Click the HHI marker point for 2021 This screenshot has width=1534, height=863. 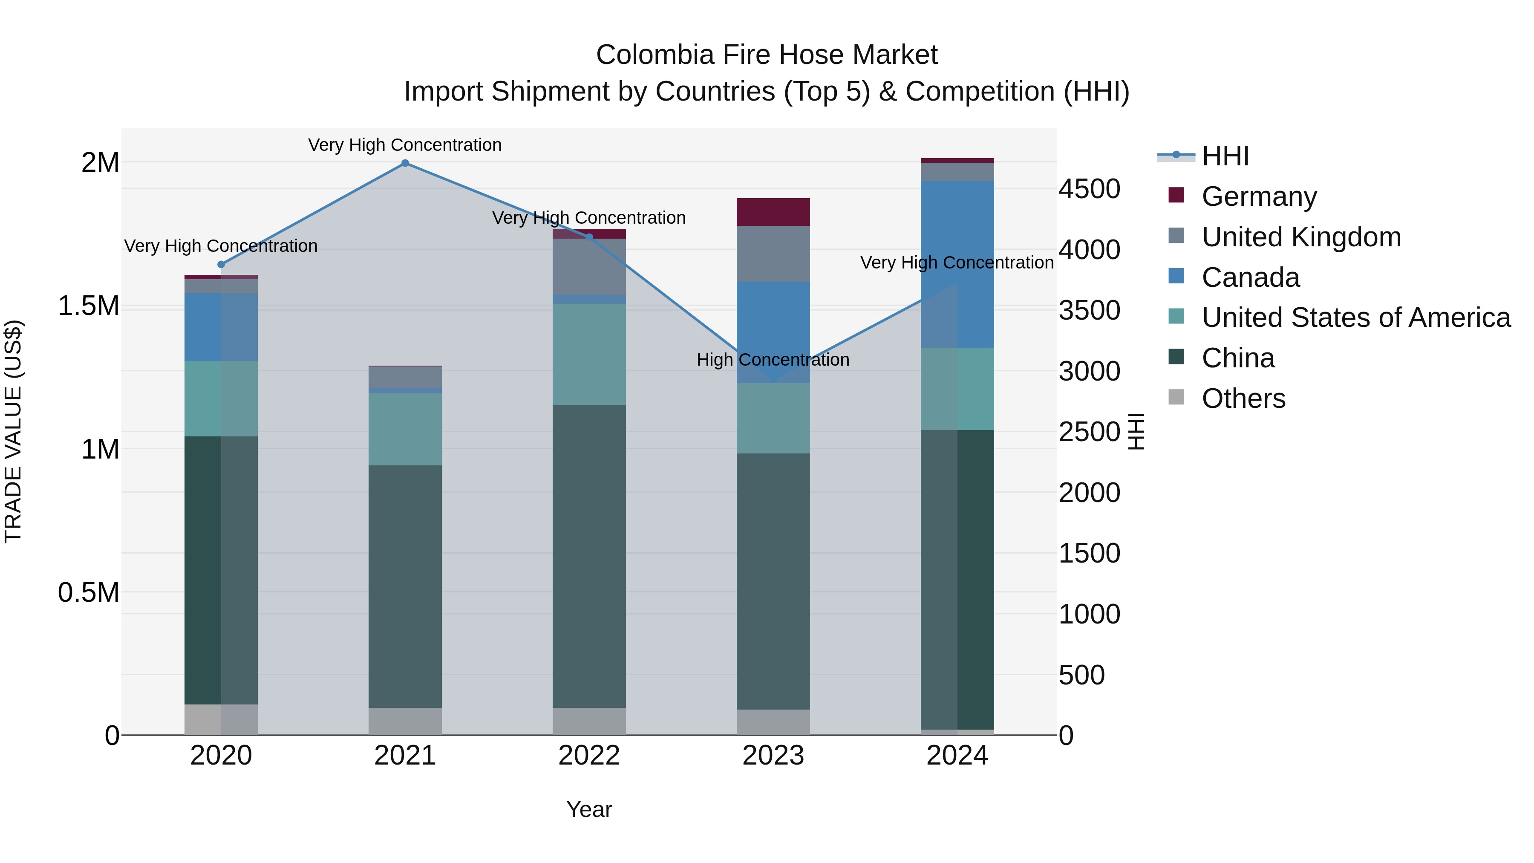[x=405, y=163]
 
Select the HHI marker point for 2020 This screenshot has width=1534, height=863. [x=221, y=264]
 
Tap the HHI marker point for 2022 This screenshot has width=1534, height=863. [x=589, y=237]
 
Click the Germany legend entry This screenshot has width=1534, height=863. [x=1258, y=196]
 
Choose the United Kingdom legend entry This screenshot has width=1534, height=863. [x=1300, y=237]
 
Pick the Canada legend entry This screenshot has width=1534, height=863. [x=1250, y=277]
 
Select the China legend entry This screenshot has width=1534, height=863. [x=1237, y=358]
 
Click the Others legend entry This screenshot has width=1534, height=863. [x=1243, y=398]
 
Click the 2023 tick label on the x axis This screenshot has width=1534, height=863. [x=773, y=756]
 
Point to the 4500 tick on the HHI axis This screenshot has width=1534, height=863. [x=1089, y=189]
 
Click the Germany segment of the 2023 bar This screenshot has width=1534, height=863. [x=773, y=212]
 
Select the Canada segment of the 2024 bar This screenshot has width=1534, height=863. [x=957, y=264]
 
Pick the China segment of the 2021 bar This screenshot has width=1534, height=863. [x=405, y=587]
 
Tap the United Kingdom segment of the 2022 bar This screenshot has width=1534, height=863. [x=589, y=266]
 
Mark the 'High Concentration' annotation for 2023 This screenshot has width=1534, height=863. [x=773, y=360]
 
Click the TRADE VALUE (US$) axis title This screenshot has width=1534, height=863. [x=13, y=431]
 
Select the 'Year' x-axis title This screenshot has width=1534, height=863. [x=589, y=809]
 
